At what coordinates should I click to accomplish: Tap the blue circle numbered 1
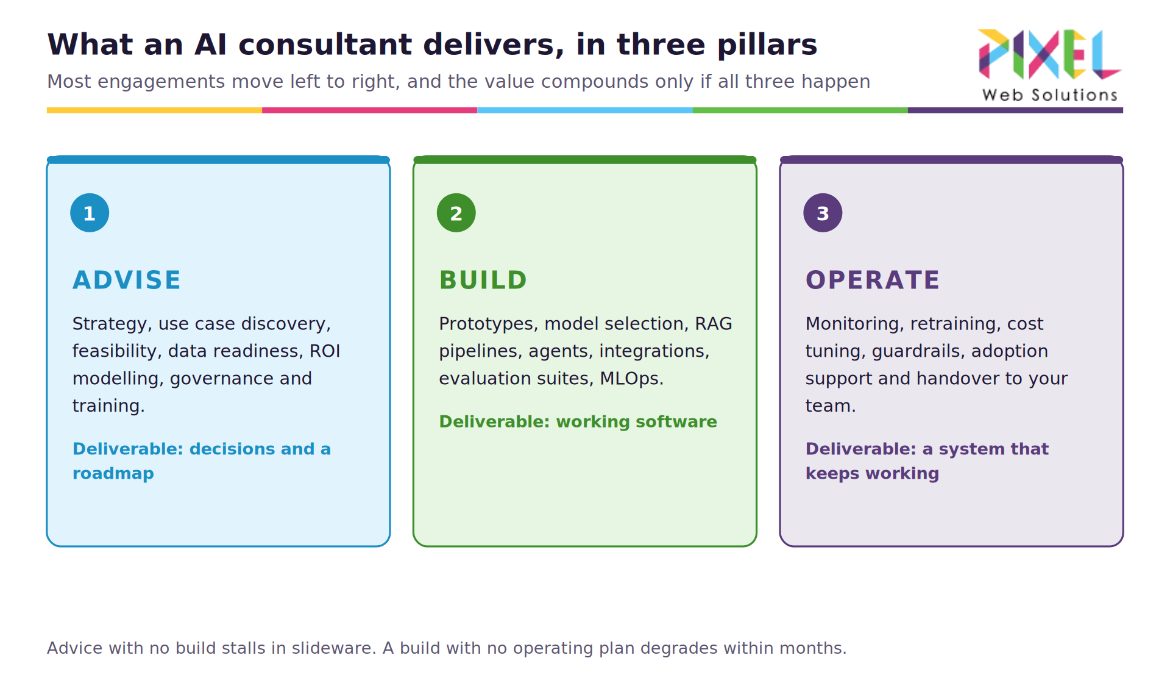pos(90,213)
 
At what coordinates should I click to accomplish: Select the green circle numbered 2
pos(456,213)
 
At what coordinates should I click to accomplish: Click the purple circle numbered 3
pos(823,213)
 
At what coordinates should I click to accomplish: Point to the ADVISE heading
pos(127,280)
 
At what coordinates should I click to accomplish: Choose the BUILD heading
pos(483,280)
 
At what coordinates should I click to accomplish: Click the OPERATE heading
pos(873,280)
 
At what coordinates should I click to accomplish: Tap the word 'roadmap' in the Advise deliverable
pos(113,473)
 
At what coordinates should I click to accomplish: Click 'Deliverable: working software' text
pos(578,421)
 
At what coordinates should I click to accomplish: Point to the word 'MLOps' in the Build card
pos(629,379)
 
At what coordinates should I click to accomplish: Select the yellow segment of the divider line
pos(154,110)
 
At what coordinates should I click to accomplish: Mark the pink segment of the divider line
pos(370,110)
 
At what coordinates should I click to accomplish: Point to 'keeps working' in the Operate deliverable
pos(872,474)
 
